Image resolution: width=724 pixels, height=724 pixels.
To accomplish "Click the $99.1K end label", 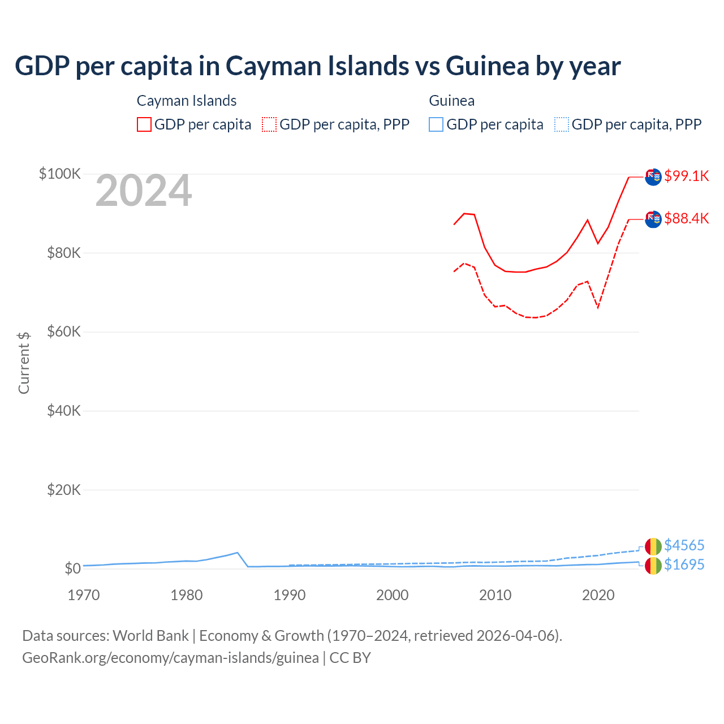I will (x=686, y=176).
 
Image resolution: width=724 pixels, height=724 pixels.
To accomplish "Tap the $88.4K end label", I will (x=686, y=218).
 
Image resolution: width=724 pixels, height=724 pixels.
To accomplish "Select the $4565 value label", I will (x=684, y=545).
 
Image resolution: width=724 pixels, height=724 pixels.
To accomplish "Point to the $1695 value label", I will (x=684, y=564).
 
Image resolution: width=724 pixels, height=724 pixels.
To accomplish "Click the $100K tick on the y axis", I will (x=60, y=174).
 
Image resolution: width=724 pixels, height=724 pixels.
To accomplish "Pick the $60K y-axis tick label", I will (x=64, y=331).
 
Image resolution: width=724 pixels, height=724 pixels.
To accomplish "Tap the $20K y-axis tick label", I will (x=64, y=490).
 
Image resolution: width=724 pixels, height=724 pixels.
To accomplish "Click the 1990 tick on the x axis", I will (x=289, y=595).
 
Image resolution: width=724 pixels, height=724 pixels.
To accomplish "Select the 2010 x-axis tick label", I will (x=495, y=595).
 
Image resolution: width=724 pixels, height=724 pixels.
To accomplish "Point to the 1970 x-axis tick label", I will (x=84, y=595).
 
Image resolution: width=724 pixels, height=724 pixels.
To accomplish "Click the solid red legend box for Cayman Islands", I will (x=144, y=124).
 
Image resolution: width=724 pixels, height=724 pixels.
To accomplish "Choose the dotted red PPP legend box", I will (x=269, y=124).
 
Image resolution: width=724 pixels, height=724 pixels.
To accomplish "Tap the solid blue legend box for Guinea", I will (x=436, y=124).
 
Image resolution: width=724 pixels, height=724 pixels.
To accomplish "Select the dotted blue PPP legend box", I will (x=562, y=124).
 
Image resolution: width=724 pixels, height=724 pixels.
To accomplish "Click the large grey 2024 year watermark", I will (x=144, y=191).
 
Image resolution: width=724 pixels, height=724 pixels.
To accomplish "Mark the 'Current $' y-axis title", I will (x=24, y=363).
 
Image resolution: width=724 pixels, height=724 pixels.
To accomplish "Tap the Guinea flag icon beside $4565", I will (x=653, y=546).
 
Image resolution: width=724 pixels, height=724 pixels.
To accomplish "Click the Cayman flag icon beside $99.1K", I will (x=653, y=177).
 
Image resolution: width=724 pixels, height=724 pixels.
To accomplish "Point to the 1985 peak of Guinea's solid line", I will (x=238, y=553).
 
